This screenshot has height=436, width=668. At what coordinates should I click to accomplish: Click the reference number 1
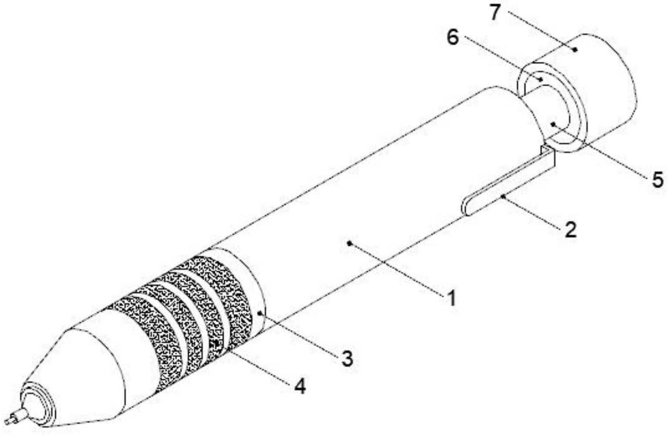pyautogui.click(x=452, y=299)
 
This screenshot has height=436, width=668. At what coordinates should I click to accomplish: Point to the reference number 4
pyautogui.click(x=300, y=385)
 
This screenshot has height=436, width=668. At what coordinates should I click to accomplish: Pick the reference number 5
pyautogui.click(x=657, y=179)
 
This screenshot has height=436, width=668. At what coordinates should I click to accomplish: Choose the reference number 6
pyautogui.click(x=452, y=38)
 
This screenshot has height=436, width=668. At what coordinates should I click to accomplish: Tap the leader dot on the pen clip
pyautogui.click(x=503, y=196)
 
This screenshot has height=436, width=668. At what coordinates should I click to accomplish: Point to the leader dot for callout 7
pyautogui.click(x=575, y=50)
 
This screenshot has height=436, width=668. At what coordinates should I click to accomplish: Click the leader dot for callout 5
pyautogui.click(x=553, y=124)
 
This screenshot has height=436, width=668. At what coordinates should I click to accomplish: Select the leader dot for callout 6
pyautogui.click(x=540, y=79)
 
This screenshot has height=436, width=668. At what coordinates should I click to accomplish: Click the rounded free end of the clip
pyautogui.click(x=466, y=207)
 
